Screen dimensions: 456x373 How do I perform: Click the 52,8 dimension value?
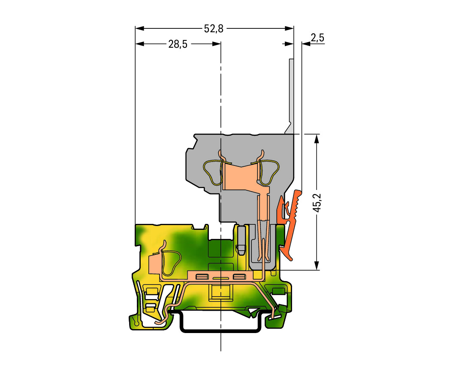214,28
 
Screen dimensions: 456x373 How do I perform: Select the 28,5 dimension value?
178,44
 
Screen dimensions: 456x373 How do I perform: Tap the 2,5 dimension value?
317,37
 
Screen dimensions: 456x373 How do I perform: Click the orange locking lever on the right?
290,224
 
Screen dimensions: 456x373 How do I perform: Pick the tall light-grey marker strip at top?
290,96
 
